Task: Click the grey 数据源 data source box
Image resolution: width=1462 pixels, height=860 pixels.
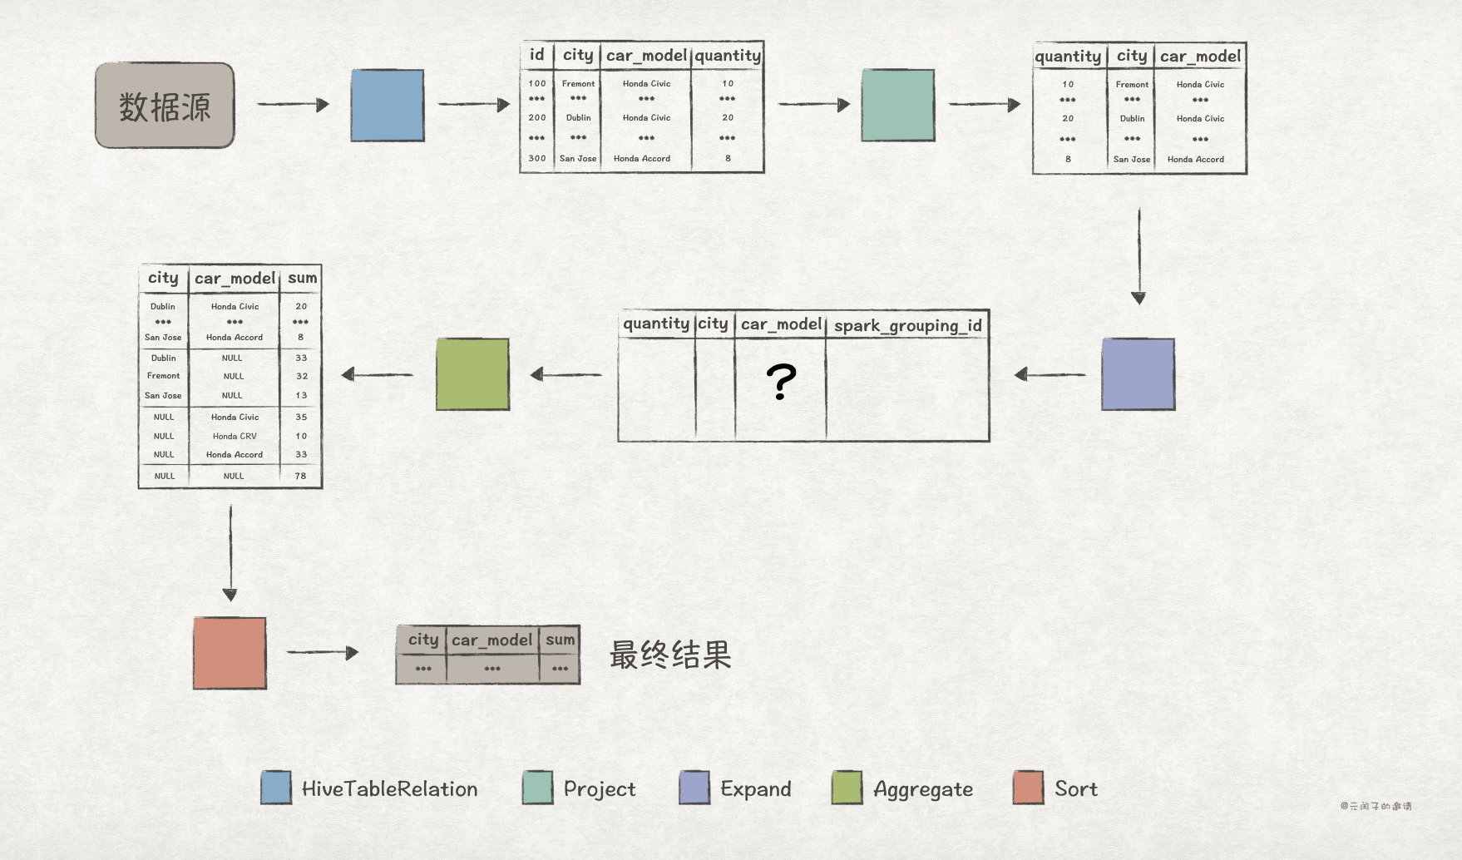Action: tap(165, 106)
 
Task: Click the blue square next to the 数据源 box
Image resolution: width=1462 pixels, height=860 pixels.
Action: tap(388, 106)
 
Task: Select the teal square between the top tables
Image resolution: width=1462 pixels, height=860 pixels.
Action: tap(898, 106)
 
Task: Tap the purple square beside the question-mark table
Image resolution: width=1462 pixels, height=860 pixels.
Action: tap(1138, 374)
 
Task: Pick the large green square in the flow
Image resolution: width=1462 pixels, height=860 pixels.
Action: tap(472, 374)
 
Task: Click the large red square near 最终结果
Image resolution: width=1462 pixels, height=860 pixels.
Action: tap(230, 653)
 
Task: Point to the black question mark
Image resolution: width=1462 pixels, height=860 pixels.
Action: tap(781, 382)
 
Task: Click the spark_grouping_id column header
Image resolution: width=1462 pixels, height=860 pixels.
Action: tap(907, 325)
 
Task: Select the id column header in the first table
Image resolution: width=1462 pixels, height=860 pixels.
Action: tap(537, 55)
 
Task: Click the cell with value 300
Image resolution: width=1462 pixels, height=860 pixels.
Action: tap(537, 158)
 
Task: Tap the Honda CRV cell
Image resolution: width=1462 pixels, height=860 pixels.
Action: tap(235, 436)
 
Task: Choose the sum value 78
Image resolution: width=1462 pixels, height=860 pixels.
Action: tap(300, 476)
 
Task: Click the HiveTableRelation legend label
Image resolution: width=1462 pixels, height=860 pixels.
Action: tap(389, 788)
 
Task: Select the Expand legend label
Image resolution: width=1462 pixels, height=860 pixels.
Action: tap(755, 788)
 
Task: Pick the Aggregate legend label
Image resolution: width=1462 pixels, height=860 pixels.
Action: tap(922, 789)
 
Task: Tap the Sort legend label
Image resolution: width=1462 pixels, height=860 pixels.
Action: tap(1075, 788)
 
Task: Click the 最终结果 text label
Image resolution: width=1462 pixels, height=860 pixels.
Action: tap(670, 655)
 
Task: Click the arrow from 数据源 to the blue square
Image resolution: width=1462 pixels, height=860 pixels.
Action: tap(293, 104)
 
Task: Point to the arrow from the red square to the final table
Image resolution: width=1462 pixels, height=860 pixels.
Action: tap(323, 652)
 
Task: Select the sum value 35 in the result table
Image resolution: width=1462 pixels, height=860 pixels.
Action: tap(300, 417)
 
